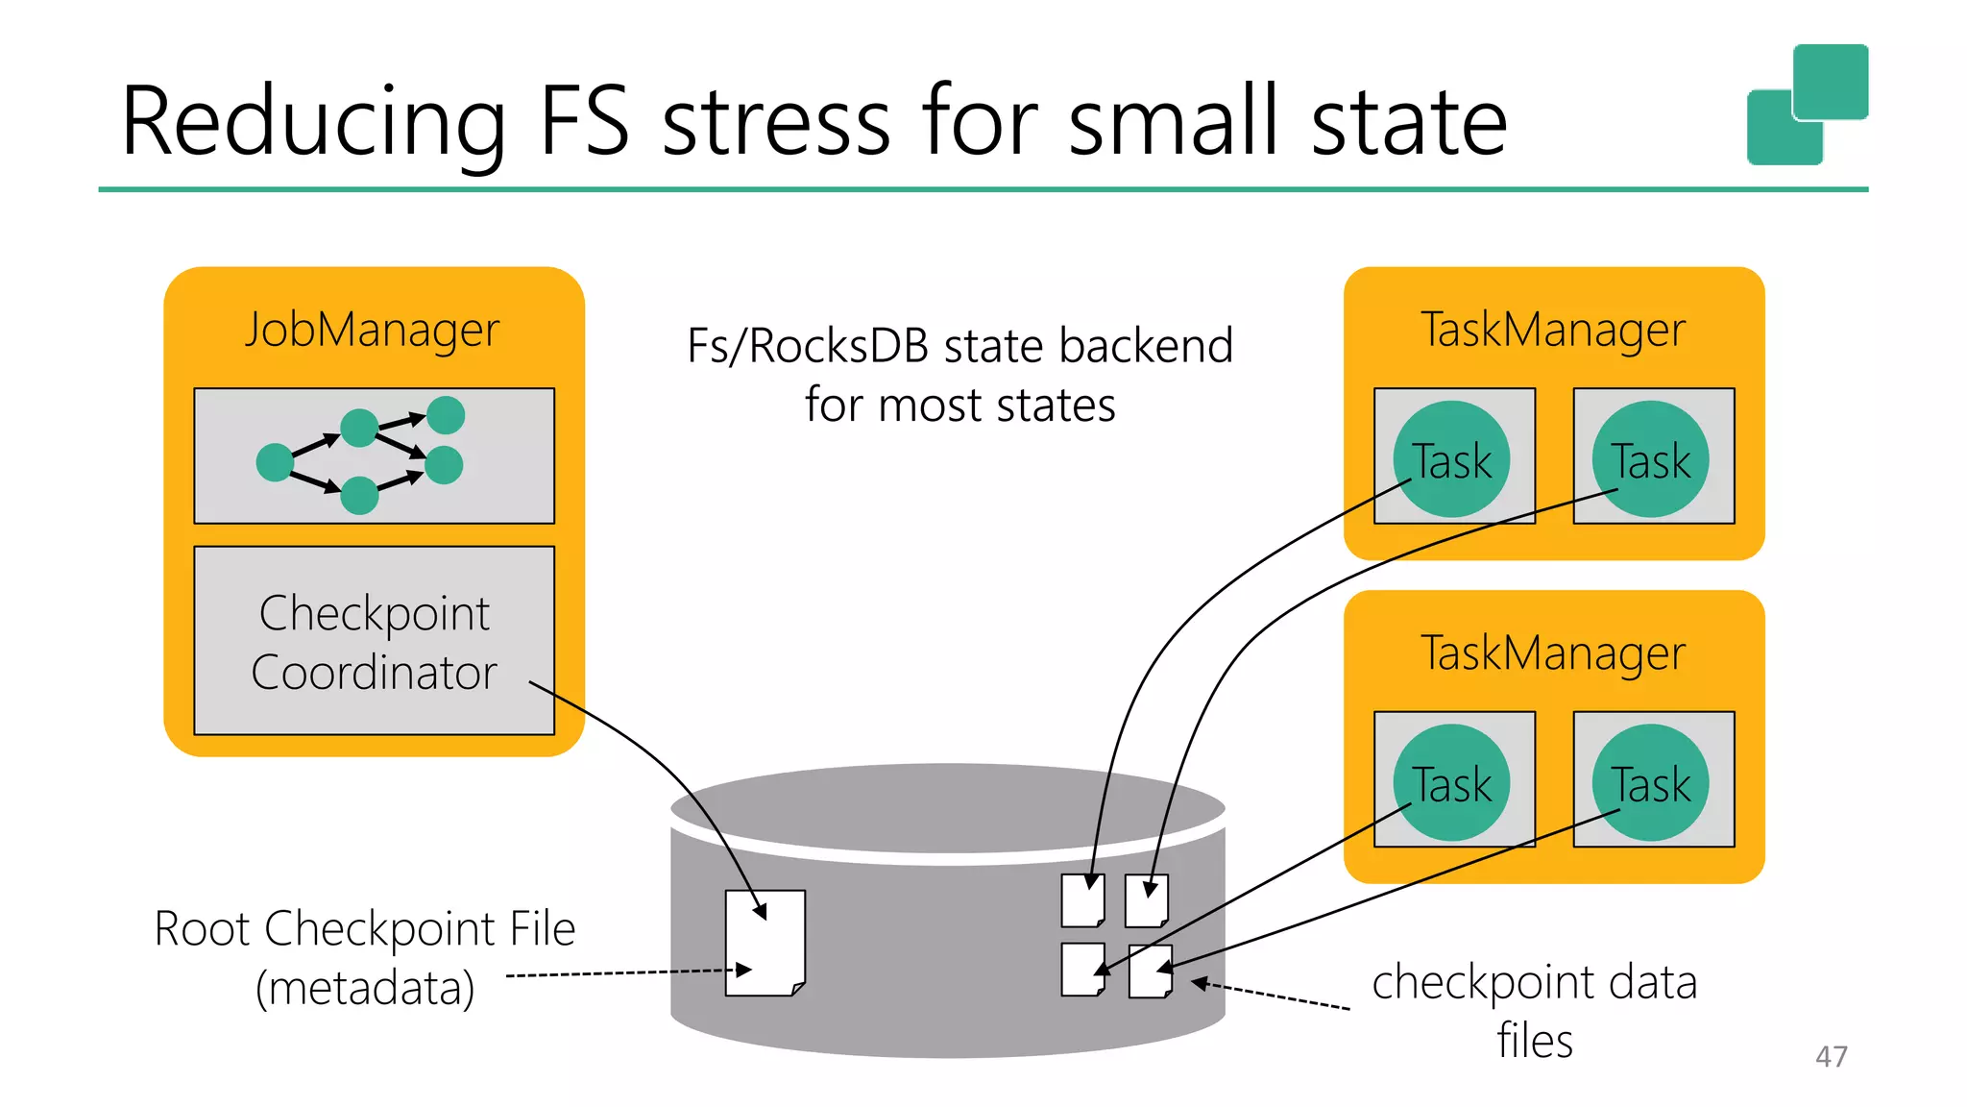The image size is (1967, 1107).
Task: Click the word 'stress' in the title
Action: pyautogui.click(x=776, y=122)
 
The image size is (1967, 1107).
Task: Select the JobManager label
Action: pyautogui.click(x=372, y=330)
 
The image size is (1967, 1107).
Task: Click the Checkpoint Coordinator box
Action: pyautogui.click(x=374, y=641)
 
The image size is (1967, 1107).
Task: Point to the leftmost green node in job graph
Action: pyautogui.click(x=275, y=462)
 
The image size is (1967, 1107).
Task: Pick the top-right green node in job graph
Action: pyautogui.click(x=446, y=415)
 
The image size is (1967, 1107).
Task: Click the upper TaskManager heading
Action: pyautogui.click(x=1552, y=330)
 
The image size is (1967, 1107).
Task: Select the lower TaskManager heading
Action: pyautogui.click(x=1552, y=653)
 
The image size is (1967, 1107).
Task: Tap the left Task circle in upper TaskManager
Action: pyautogui.click(x=1451, y=459)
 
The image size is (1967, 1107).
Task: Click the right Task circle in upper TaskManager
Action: pyautogui.click(x=1650, y=459)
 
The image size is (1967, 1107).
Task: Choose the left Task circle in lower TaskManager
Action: pyautogui.click(x=1451, y=782)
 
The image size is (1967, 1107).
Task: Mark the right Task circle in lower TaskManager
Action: pyautogui.click(x=1650, y=782)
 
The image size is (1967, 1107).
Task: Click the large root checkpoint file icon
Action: pyautogui.click(x=765, y=943)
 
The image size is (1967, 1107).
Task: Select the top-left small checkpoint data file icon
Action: pyautogui.click(x=1082, y=900)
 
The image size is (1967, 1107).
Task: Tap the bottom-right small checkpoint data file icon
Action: pyautogui.click(x=1150, y=972)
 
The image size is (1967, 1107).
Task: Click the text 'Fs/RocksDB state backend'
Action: pyautogui.click(x=959, y=346)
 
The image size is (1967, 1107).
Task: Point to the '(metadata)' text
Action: pyautogui.click(x=365, y=988)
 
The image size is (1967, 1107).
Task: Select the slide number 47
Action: pyautogui.click(x=1831, y=1057)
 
